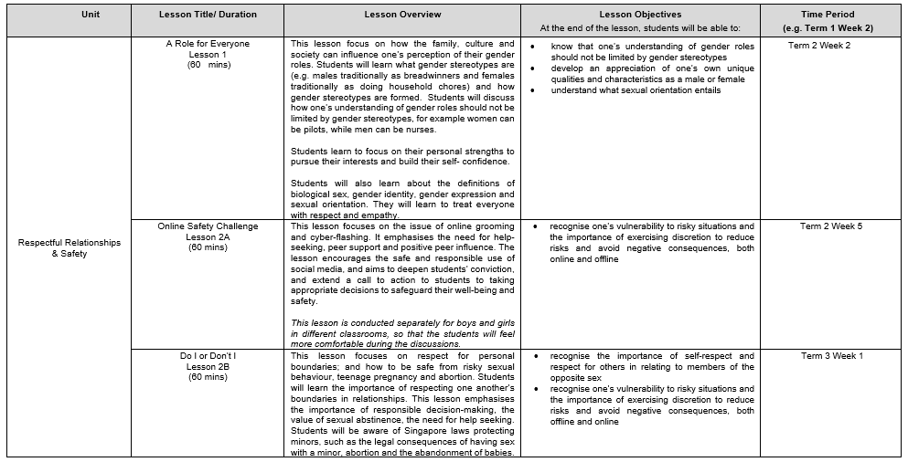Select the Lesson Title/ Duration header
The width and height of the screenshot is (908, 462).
point(208,15)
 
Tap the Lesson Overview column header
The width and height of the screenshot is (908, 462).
point(402,15)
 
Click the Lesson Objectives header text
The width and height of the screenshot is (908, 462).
point(640,15)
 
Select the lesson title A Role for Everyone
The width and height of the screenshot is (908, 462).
point(208,44)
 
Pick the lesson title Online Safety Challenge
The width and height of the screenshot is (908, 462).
point(208,226)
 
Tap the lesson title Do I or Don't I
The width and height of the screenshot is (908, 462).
point(208,355)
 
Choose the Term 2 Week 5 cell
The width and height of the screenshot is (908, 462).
point(831,226)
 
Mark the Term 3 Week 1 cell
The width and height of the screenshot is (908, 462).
point(831,355)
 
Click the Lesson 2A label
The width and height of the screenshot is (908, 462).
point(208,236)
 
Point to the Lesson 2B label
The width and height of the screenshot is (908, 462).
point(208,366)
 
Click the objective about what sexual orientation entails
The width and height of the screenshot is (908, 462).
point(636,90)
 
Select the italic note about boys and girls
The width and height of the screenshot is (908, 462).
point(402,333)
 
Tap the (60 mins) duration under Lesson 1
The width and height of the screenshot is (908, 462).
point(208,66)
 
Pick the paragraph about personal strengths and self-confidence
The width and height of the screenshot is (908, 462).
point(402,156)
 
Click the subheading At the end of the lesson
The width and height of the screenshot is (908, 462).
point(640,28)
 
